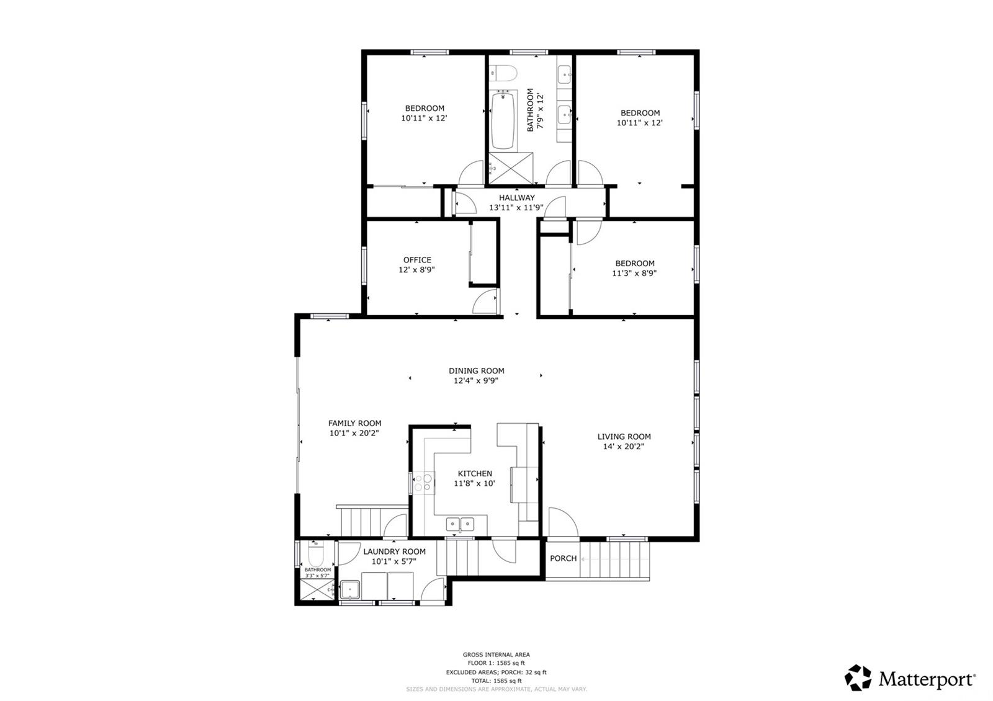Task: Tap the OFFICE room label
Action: [417, 260]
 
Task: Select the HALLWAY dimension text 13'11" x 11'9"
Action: [516, 208]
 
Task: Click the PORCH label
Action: [563, 558]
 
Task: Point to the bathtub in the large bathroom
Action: [503, 120]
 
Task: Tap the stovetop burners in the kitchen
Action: [423, 482]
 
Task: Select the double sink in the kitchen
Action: [459, 524]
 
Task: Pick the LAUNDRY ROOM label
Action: [394, 551]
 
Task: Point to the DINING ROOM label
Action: [476, 371]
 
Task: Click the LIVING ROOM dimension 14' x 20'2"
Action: [624, 446]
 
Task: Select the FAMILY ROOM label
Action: [354, 423]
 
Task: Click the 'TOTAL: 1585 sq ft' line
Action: [496, 681]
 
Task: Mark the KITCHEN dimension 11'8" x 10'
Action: [475, 483]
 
